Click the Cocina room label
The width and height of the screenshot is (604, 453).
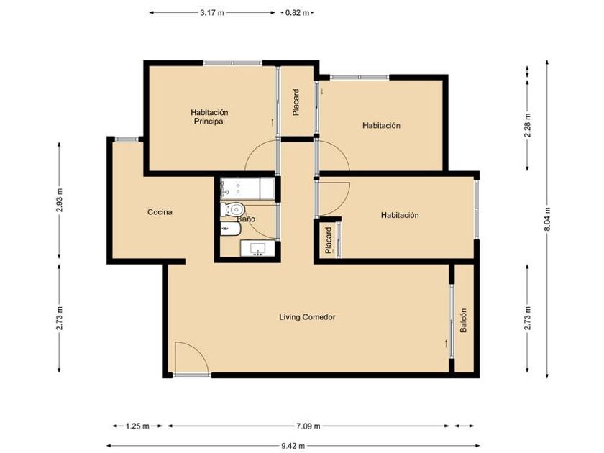160,212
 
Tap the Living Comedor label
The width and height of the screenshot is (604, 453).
307,317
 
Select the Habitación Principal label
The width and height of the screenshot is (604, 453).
209,116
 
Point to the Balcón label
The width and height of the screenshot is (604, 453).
463,320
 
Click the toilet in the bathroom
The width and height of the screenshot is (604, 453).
232,209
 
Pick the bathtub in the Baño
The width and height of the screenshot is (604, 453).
247,188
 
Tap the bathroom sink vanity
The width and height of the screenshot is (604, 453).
257,248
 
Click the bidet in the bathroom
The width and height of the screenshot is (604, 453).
230,229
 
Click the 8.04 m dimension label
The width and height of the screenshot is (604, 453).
547,219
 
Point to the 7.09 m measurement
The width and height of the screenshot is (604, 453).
308,426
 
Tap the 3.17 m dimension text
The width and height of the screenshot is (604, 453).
212,13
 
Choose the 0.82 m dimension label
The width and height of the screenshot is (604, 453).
297,13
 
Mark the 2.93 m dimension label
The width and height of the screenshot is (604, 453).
59,201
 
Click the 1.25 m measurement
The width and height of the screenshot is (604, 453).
137,426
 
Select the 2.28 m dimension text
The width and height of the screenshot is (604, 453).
528,125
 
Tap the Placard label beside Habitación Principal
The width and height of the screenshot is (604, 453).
296,102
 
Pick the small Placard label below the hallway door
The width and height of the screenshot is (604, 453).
328,241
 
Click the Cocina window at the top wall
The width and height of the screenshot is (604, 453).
127,139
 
